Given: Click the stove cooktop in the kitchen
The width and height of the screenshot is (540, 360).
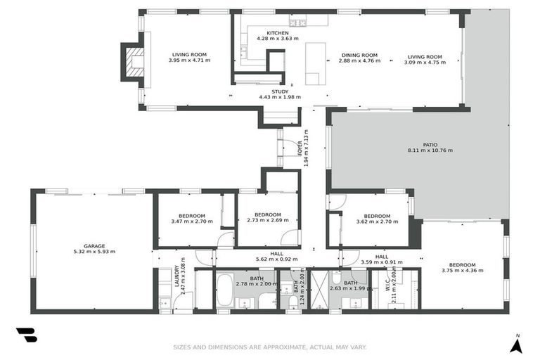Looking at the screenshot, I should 300,23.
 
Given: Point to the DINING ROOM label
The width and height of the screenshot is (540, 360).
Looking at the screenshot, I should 359,56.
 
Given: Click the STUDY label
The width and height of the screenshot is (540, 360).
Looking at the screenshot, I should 279,91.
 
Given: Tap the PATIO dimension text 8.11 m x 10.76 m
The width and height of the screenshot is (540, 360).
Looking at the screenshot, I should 430,150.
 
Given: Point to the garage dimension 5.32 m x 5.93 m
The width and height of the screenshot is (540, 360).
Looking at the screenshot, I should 94,251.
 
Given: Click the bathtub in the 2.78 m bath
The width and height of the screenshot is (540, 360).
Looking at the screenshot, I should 224,291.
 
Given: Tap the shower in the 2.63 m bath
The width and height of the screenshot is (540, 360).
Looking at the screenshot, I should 320,290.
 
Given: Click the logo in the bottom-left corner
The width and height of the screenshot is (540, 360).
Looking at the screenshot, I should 26,335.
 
